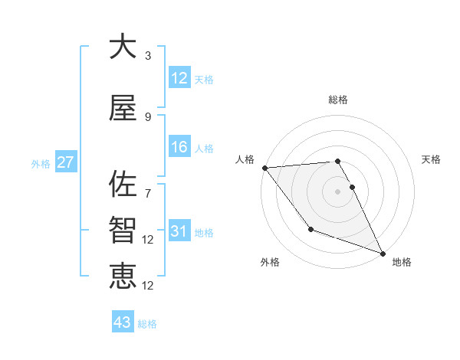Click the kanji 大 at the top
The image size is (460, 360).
coord(123,47)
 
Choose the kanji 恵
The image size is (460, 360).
coord(123,275)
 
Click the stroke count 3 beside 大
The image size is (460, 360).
coord(148,56)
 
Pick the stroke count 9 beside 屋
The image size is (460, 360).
coord(148,116)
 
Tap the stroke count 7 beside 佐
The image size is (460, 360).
coord(148,185)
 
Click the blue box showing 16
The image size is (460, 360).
coord(179,148)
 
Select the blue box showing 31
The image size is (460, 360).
coord(179,232)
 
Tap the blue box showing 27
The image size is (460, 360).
coord(65,163)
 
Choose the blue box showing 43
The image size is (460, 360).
coord(123,322)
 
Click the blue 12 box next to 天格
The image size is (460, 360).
coord(179,79)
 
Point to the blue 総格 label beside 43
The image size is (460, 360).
coord(147,324)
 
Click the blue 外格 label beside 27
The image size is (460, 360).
coord(40,164)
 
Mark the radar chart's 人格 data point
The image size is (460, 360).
coord(264,168)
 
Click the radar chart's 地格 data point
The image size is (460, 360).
coord(383,253)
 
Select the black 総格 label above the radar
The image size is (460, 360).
coord(337,100)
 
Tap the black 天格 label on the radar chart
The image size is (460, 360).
coord(431,159)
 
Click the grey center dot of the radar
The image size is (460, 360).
coord(337,191)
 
